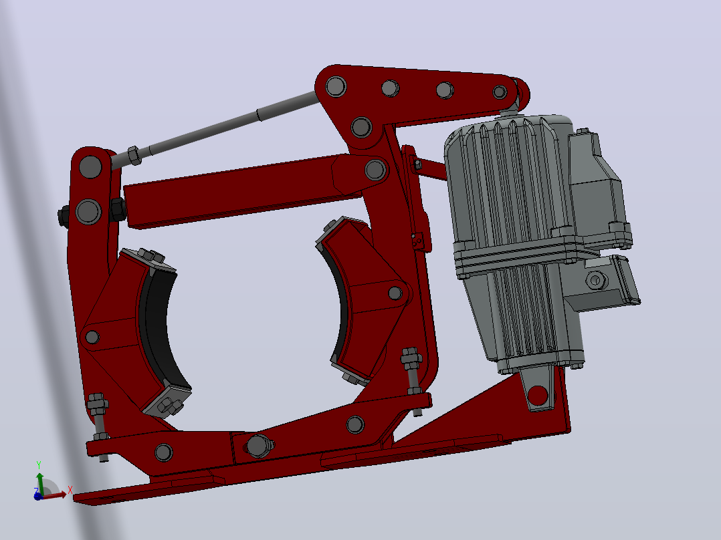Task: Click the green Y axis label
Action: pos(39,464)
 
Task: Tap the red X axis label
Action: pos(70,490)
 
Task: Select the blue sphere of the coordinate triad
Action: pos(38,496)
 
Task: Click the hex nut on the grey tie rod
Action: pos(133,155)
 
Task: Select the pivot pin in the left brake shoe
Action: pos(92,337)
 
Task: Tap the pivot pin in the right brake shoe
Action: pos(395,293)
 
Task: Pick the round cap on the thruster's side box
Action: pos(596,279)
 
